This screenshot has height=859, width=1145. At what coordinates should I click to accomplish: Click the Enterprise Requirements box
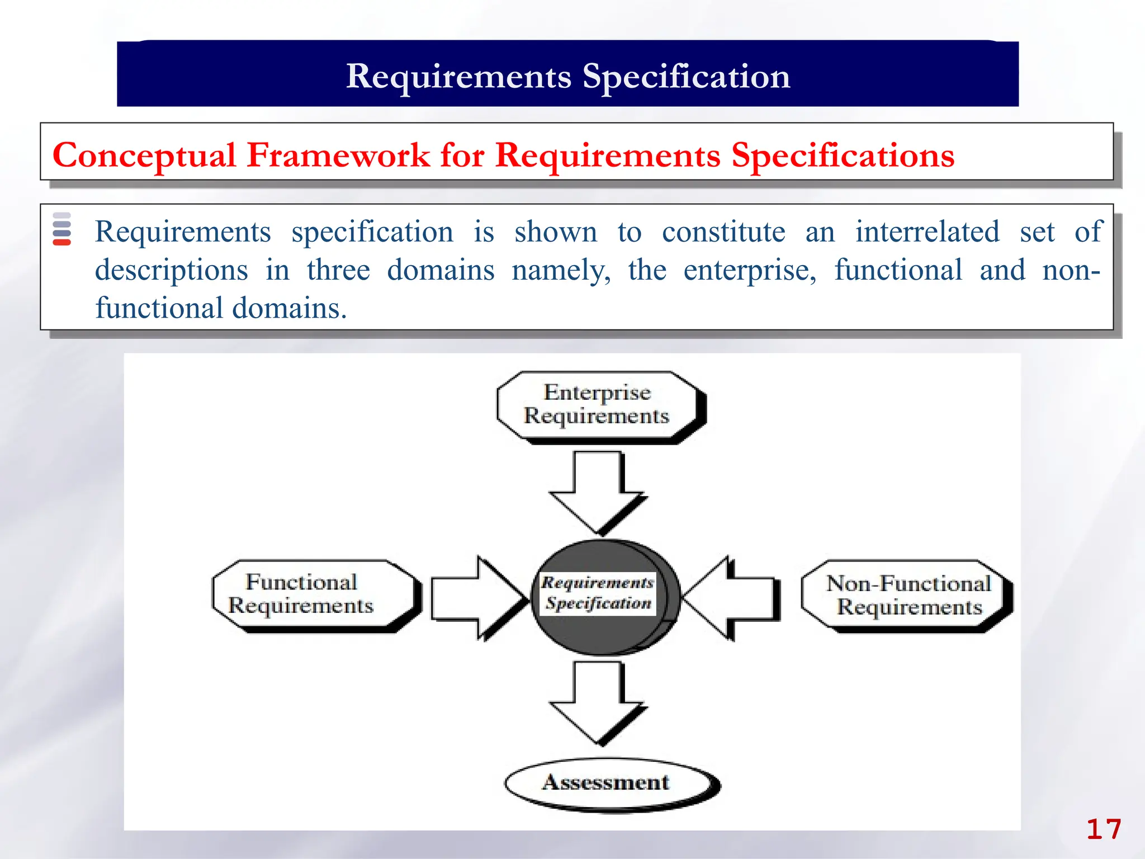pos(597,405)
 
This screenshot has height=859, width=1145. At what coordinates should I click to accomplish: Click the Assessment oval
pos(607,782)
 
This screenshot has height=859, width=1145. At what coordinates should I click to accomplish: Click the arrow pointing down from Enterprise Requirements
pos(597,492)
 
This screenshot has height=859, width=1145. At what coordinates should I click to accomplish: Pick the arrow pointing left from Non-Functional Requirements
pos(732,598)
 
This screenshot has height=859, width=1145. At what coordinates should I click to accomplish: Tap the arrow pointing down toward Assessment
pos(597,703)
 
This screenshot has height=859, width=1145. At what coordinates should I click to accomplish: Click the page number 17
pos(1103,829)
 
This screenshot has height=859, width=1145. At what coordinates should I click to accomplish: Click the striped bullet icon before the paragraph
pos(61,229)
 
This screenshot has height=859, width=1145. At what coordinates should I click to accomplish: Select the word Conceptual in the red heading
pos(144,155)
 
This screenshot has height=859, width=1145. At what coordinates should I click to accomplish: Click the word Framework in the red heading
pos(338,155)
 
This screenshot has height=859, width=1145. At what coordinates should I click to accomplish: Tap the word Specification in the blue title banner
pos(686,77)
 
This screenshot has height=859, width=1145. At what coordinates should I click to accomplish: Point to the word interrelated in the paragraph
pos(927,232)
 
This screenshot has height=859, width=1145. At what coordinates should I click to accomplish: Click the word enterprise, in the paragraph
pos(750,270)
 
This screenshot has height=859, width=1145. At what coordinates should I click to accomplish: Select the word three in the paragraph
pos(338,270)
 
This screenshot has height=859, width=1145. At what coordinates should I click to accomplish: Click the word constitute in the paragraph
pos(723,232)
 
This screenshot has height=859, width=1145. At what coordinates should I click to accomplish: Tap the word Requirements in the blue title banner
pos(458,77)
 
